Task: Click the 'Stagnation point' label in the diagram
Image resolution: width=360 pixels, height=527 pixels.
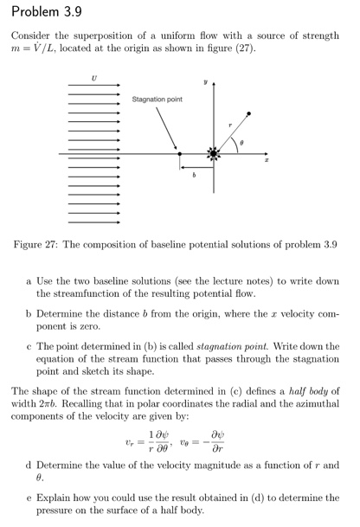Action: click(157, 100)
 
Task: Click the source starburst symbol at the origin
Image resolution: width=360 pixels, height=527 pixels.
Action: click(211, 155)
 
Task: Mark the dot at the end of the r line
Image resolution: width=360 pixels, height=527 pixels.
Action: click(249, 113)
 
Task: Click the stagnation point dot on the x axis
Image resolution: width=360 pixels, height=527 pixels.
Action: click(180, 155)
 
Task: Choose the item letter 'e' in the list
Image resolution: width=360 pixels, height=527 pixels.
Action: click(29, 498)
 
